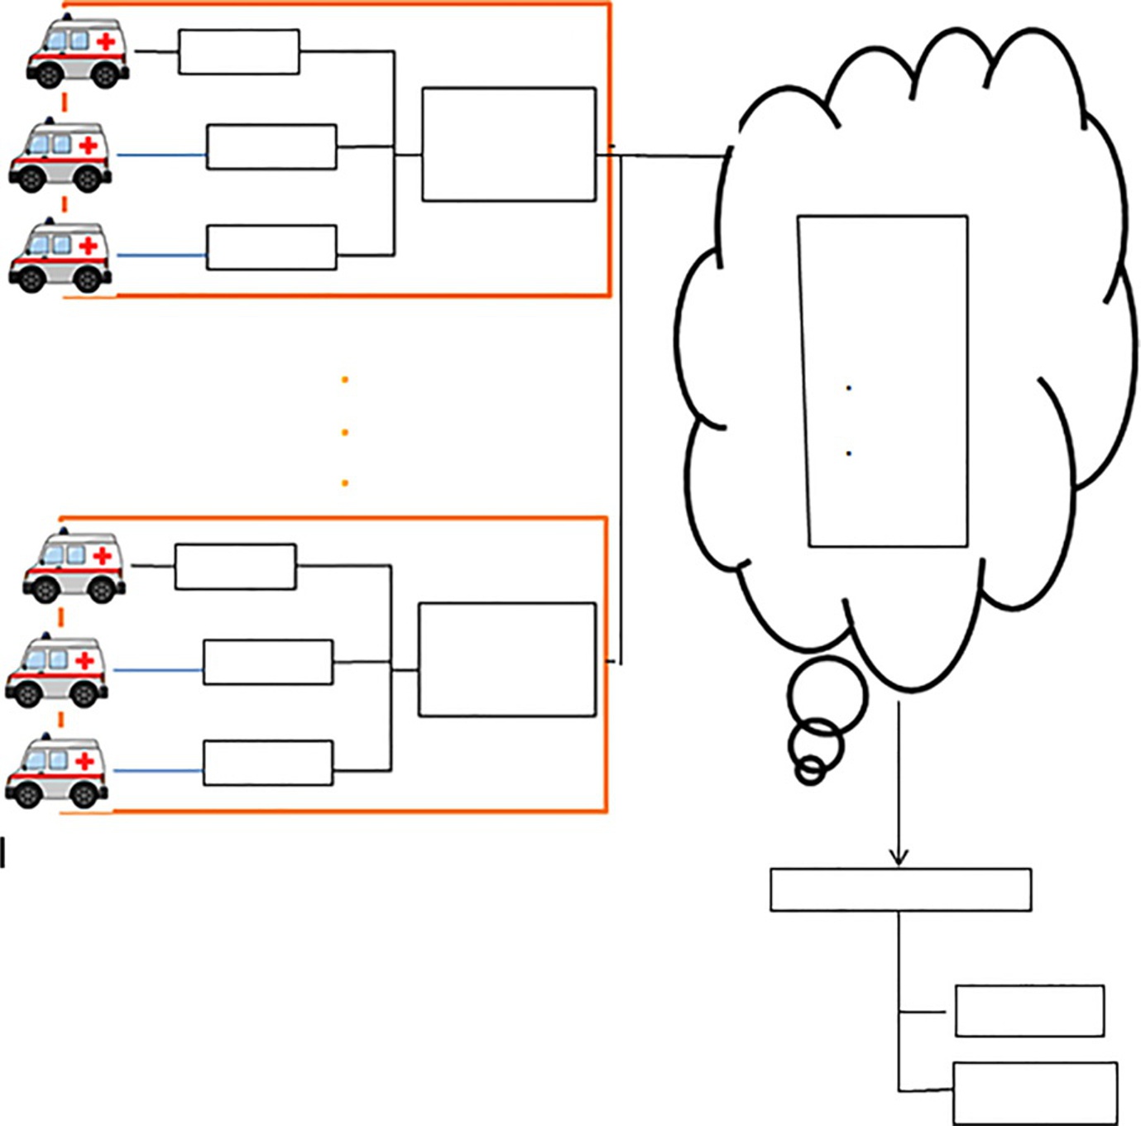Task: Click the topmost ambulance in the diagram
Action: pos(78,52)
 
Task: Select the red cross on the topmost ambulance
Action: pos(106,41)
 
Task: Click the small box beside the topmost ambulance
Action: pos(239,52)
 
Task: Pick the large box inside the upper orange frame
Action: pos(509,144)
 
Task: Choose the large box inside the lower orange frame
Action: pos(507,659)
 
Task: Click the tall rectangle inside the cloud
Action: pos(884,381)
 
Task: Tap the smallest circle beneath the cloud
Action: pos(810,770)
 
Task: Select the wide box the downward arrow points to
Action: pos(900,889)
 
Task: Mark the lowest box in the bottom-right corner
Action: pos(1035,1093)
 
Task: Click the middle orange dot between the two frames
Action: pos(345,432)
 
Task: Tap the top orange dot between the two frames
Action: pos(345,380)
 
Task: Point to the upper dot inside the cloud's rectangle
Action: pos(849,388)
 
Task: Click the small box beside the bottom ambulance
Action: pos(268,763)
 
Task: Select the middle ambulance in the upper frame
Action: pos(60,156)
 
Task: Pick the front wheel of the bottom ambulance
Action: pos(27,795)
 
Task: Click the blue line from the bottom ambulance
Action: pos(157,771)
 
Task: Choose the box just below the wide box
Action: pos(1029,1010)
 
